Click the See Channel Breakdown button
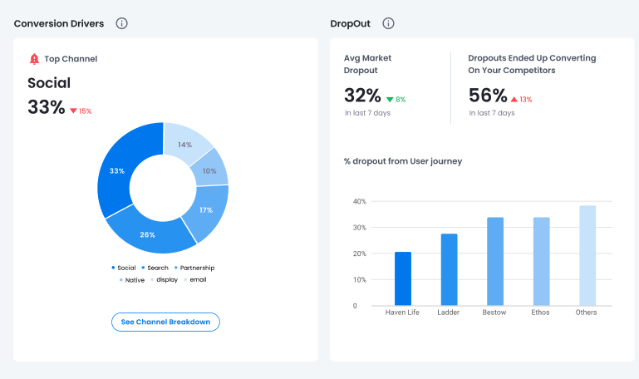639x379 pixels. (165, 322)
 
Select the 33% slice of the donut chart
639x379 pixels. (116, 171)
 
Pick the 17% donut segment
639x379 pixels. (205, 209)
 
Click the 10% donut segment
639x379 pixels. (209, 170)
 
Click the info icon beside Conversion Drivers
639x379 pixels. (121, 23)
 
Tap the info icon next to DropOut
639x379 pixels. (388, 23)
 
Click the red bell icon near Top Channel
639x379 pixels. (34, 59)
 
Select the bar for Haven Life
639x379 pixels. (403, 278)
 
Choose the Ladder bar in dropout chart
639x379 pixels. (449, 269)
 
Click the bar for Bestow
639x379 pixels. (495, 261)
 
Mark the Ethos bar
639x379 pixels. (541, 261)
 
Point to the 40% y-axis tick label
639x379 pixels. (359, 201)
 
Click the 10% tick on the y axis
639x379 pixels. (359, 279)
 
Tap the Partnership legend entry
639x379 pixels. (197, 268)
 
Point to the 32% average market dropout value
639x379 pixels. (362, 95)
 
